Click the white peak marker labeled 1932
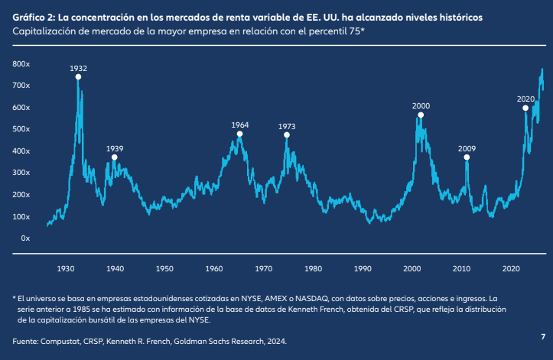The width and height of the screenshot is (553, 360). click(x=78, y=77)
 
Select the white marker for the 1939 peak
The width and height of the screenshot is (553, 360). click(x=115, y=157)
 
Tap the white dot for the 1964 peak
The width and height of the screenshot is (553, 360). click(x=239, y=134)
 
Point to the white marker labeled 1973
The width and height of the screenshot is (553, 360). click(x=287, y=135)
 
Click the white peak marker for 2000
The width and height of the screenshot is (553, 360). click(x=421, y=115)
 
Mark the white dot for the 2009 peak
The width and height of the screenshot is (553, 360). click(x=467, y=157)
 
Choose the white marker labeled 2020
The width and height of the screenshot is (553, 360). click(x=525, y=109)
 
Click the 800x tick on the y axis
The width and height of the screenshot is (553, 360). click(x=21, y=64)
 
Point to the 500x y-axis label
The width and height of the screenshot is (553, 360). click(x=21, y=129)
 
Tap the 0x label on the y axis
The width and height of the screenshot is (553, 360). click(x=24, y=238)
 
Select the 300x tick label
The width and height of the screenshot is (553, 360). click(x=21, y=173)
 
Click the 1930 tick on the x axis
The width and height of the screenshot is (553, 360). click(x=66, y=269)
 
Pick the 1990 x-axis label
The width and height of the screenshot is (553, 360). click(x=363, y=269)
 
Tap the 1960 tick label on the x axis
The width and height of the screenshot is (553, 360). click(x=214, y=269)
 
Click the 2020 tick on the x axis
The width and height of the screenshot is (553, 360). click(x=510, y=269)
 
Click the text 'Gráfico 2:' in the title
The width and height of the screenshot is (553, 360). click(x=33, y=16)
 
